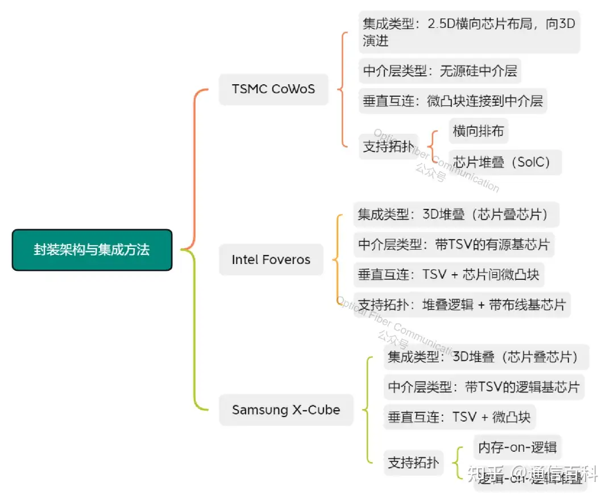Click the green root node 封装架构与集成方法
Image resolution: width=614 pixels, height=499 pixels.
click(x=92, y=250)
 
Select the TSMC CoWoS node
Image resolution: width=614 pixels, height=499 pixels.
click(x=273, y=89)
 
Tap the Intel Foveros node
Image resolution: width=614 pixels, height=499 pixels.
click(x=271, y=260)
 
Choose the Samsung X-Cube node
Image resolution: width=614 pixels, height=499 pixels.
click(x=286, y=410)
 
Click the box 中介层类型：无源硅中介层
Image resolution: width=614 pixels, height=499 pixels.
click(x=439, y=71)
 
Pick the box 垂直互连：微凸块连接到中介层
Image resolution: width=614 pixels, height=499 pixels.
click(x=453, y=101)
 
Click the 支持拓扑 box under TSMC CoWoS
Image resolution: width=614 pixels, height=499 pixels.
click(x=388, y=146)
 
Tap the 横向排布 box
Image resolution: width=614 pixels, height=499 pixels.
click(x=478, y=131)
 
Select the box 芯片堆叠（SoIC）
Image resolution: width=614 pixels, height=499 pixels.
click(x=505, y=162)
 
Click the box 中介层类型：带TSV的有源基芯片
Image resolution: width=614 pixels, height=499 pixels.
click(x=454, y=245)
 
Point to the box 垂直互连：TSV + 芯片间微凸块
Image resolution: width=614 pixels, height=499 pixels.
click(x=448, y=275)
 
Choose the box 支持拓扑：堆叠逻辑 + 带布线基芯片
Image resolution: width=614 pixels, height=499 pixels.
click(x=462, y=305)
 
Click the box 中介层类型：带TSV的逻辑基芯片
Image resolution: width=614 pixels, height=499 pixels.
click(x=483, y=387)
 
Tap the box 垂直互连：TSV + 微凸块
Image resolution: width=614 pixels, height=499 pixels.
click(x=459, y=417)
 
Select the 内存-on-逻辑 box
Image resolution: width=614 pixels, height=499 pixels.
click(x=517, y=447)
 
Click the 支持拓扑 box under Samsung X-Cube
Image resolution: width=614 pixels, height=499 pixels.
click(x=413, y=463)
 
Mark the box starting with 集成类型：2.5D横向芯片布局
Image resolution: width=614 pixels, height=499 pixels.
click(x=469, y=32)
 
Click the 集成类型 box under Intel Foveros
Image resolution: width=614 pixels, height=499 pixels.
click(x=456, y=215)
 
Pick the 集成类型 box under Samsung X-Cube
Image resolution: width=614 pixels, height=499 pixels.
click(x=486, y=357)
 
